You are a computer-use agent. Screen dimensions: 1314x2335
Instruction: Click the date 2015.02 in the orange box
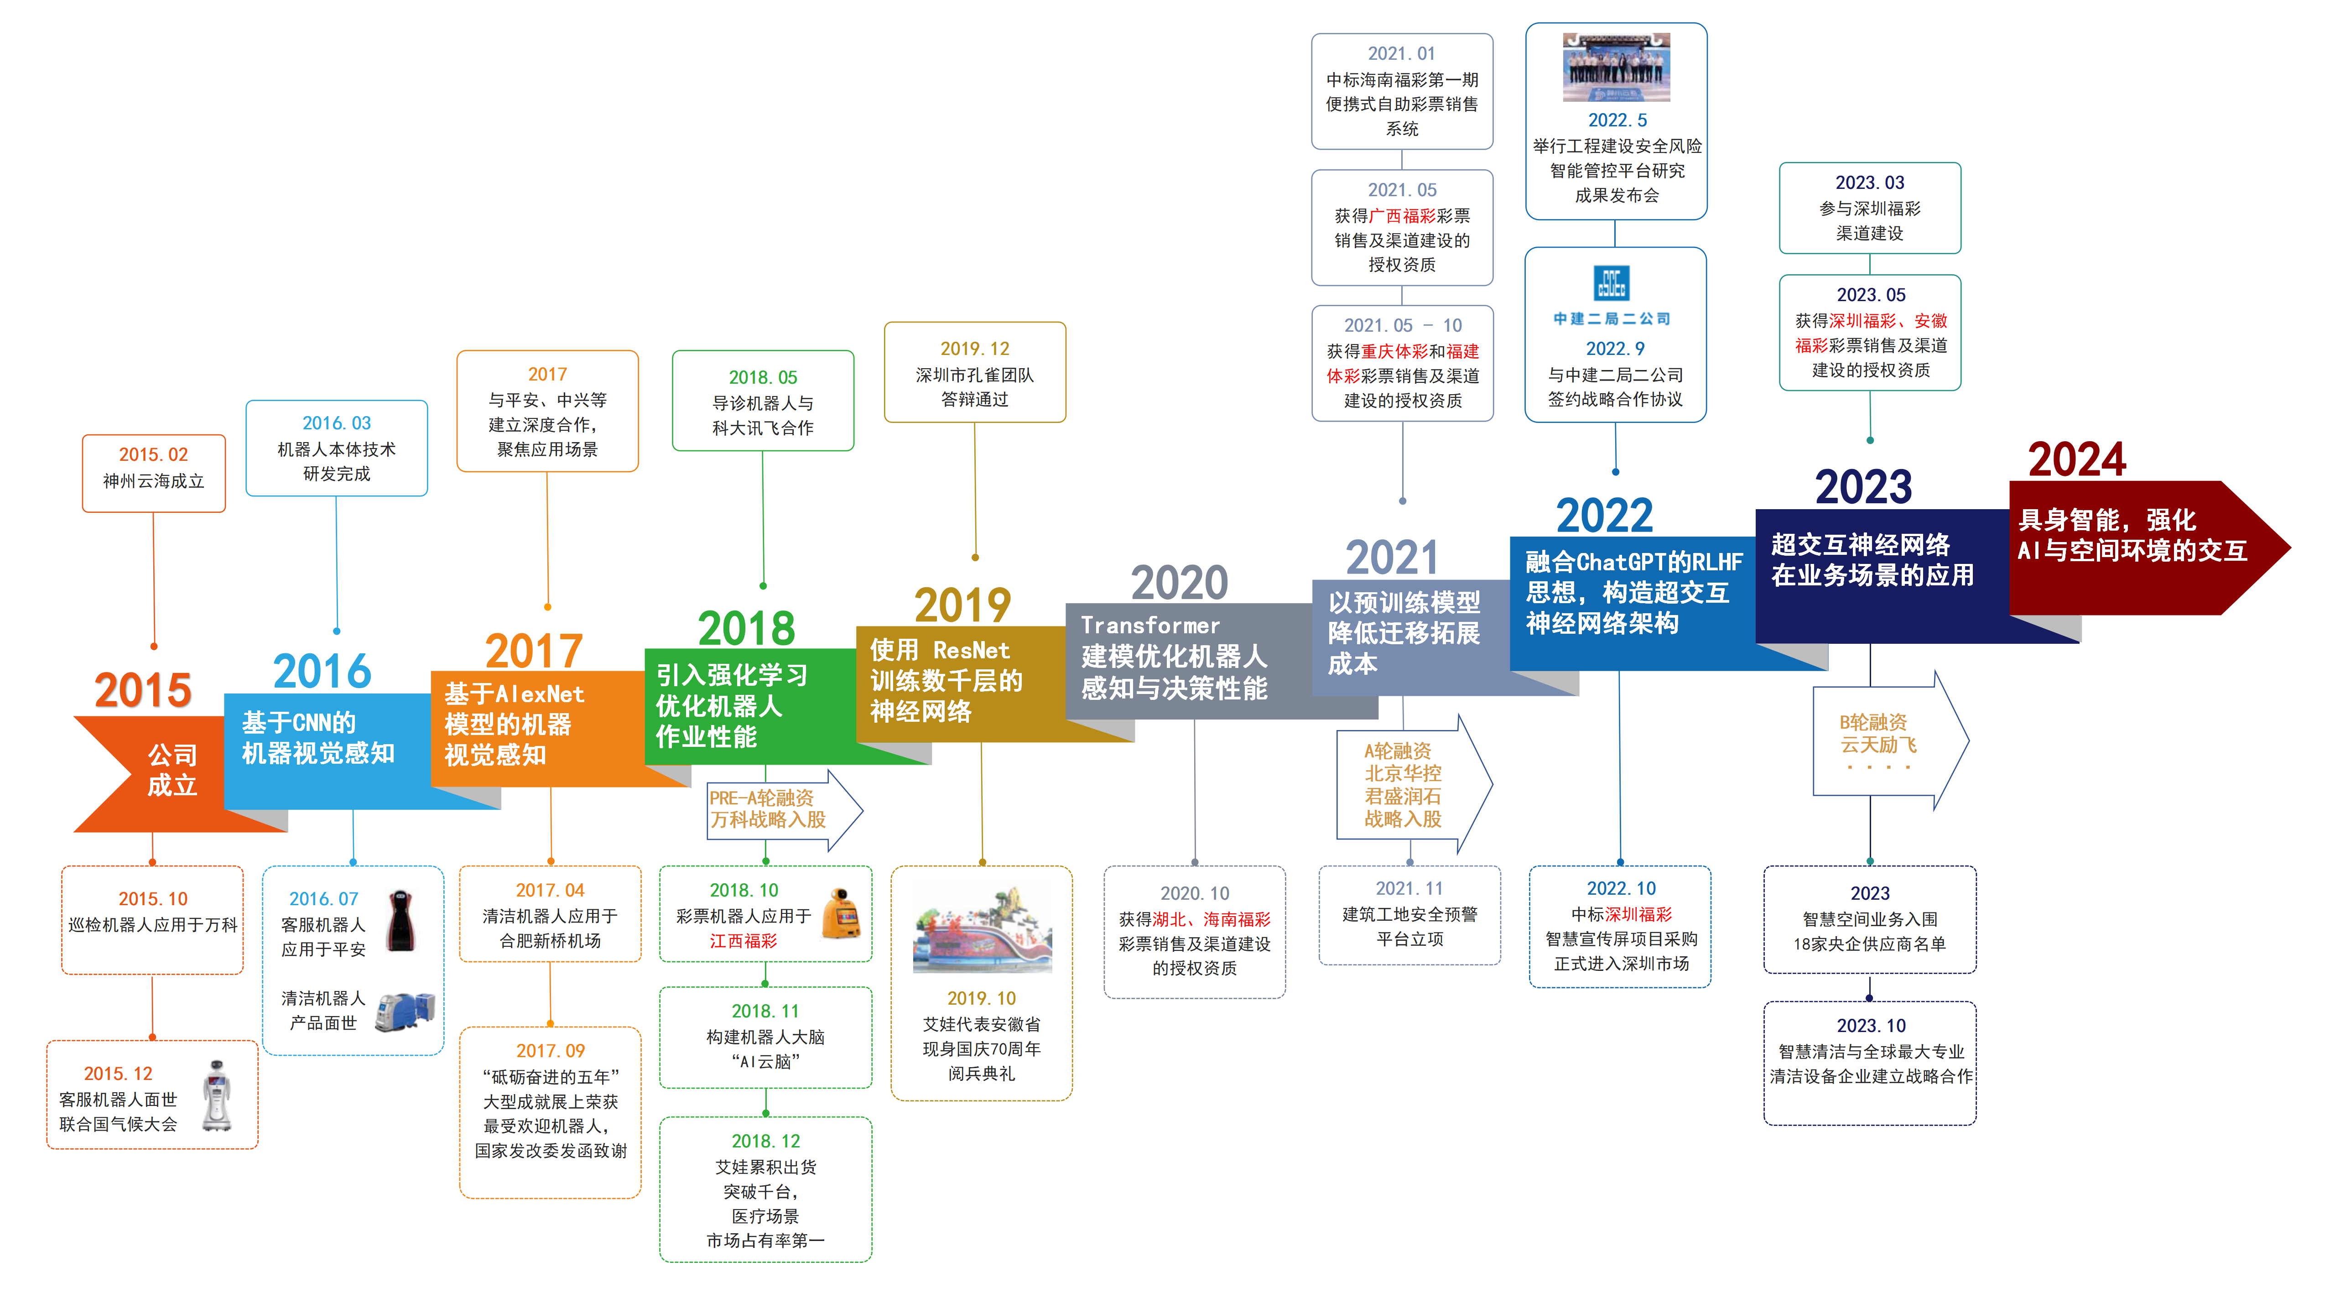[x=153, y=454]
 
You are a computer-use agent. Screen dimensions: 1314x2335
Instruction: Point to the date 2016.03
[x=336, y=423]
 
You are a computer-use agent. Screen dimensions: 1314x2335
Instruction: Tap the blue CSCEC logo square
[x=1612, y=283]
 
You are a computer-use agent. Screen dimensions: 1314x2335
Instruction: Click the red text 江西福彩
[x=743, y=941]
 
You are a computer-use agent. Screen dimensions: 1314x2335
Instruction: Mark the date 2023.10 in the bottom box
[x=1870, y=1026]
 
